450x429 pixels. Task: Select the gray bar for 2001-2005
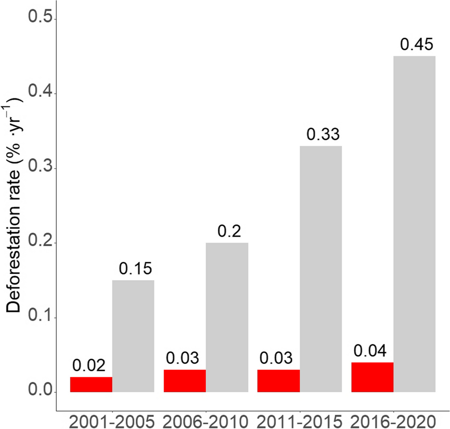pos(133,336)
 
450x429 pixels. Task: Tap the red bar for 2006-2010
pos(185,381)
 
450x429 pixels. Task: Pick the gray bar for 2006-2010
pos(227,317)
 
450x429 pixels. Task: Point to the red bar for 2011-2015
pos(279,381)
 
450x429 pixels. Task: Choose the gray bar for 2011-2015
pos(321,269)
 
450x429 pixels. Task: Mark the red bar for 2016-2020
pos(372,377)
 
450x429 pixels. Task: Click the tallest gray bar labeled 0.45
pos(415,224)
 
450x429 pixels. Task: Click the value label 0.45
pos(416,45)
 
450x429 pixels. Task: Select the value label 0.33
pos(323,135)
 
